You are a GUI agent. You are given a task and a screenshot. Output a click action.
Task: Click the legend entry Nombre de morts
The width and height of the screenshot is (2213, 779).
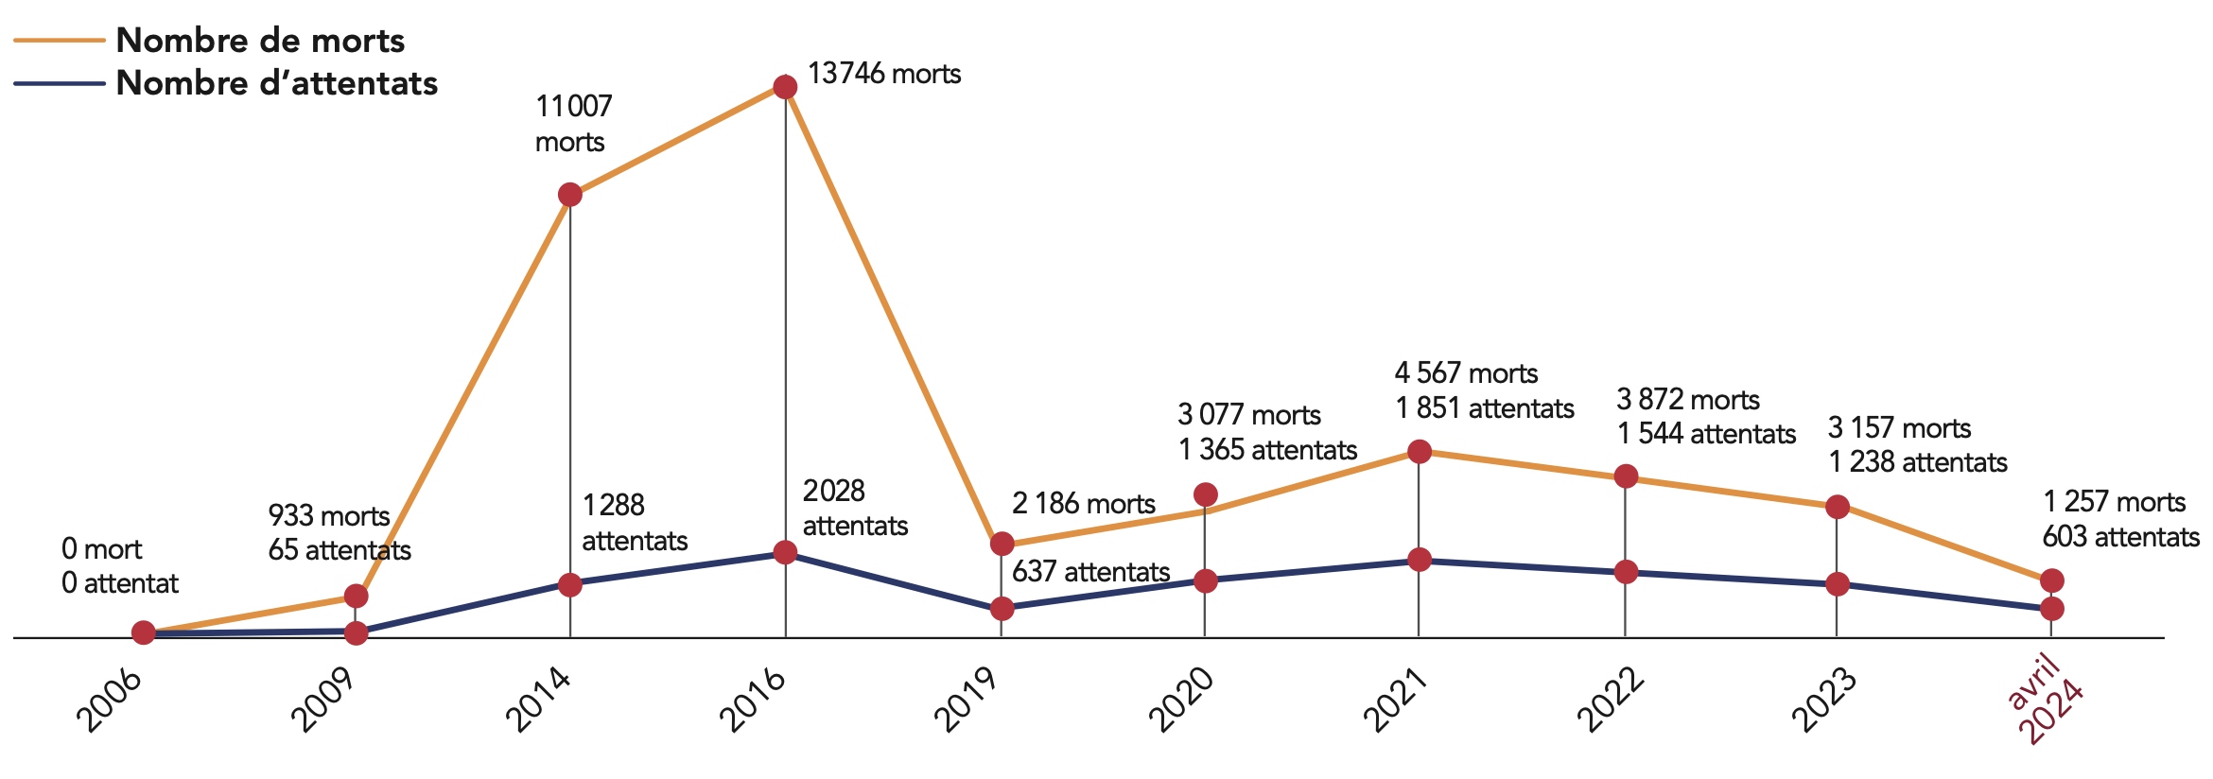[x=259, y=41]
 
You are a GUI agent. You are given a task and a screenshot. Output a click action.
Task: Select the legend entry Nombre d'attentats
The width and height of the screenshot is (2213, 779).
[x=276, y=83]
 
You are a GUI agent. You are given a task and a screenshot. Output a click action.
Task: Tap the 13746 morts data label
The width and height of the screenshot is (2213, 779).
[x=884, y=74]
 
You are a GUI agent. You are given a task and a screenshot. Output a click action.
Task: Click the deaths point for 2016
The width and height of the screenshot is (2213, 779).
[x=785, y=87]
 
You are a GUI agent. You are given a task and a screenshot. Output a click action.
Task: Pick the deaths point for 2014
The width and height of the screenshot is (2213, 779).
[x=570, y=196]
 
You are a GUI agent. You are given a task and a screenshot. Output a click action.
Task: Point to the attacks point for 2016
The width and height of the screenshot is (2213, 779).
[x=785, y=552]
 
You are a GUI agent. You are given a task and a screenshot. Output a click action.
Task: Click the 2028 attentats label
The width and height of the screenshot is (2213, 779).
[x=855, y=509]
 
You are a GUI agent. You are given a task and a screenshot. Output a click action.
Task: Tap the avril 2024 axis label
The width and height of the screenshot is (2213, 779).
[x=2044, y=700]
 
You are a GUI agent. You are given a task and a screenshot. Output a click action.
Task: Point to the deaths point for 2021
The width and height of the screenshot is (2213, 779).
[x=1419, y=452]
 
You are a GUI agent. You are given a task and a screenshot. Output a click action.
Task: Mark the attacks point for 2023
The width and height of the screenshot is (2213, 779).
[x=1837, y=584]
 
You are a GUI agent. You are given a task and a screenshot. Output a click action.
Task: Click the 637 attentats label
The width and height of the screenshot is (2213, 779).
[x=1090, y=572]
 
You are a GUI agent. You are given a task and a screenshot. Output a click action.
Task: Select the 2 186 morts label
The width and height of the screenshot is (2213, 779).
[x=1083, y=504]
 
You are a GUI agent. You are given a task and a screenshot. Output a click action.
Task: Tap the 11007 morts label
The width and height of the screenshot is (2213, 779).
[x=573, y=123]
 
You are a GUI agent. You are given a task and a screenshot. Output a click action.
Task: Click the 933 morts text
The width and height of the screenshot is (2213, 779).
[x=328, y=516]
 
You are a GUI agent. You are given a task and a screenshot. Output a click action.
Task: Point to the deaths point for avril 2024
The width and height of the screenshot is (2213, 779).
[x=2051, y=580]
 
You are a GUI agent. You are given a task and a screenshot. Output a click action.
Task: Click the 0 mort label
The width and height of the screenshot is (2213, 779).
[x=101, y=549]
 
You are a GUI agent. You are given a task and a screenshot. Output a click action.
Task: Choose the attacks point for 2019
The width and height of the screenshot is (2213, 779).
[x=1002, y=609]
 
